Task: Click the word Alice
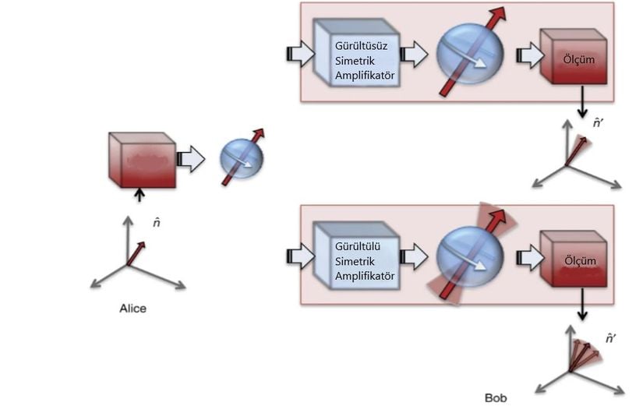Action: pos(132,309)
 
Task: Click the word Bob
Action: pos(496,397)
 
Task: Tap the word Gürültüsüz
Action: pos(361,45)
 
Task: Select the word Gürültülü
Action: pos(358,246)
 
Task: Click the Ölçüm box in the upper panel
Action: pos(574,57)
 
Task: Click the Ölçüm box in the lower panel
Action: pos(574,259)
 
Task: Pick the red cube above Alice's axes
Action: pos(143,160)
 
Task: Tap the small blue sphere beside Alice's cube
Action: pos(242,158)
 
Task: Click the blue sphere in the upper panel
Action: pos(469,54)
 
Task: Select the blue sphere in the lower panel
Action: pos(469,256)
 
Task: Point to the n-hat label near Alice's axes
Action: pos(156,223)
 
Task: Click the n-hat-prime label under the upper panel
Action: pos(599,122)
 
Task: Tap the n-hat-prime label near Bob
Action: pos(610,338)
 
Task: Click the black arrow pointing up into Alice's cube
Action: pos(140,195)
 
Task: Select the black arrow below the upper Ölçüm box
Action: pos(582,102)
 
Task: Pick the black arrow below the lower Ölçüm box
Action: pos(582,304)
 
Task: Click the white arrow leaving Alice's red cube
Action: pos(191,159)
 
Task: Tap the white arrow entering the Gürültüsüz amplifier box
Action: pos(301,54)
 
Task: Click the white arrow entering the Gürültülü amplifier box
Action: pos(301,256)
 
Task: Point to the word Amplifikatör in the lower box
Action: pos(365,276)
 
